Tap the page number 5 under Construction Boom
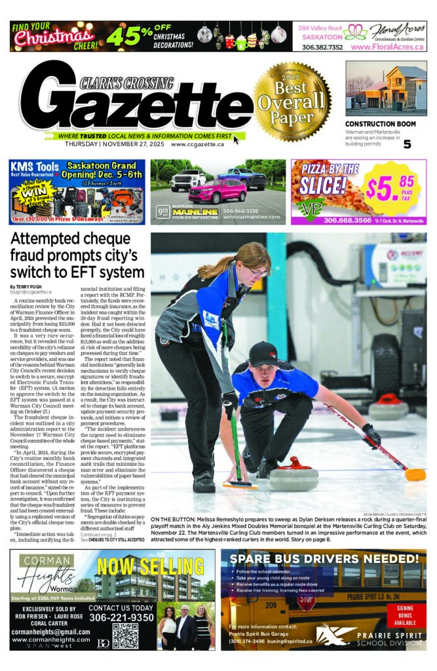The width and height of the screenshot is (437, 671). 407,144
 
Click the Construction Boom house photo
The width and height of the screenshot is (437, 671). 386,89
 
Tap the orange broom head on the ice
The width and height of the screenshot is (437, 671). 415,474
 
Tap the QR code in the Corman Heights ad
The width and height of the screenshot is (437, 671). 125,636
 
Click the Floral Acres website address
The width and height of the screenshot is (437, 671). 388,47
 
